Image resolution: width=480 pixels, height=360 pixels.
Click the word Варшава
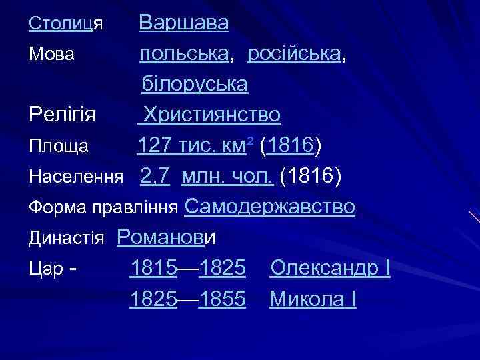pyautogui.click(x=183, y=23)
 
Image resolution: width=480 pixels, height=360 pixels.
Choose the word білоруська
pyautogui.click(x=194, y=85)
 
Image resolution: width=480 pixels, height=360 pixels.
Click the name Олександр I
pyautogui.click(x=329, y=269)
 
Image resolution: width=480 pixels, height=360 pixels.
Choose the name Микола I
pyautogui.click(x=313, y=299)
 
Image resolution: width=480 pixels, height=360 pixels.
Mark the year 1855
pyautogui.click(x=223, y=299)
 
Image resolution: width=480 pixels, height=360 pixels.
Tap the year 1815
pyautogui.click(x=153, y=269)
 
